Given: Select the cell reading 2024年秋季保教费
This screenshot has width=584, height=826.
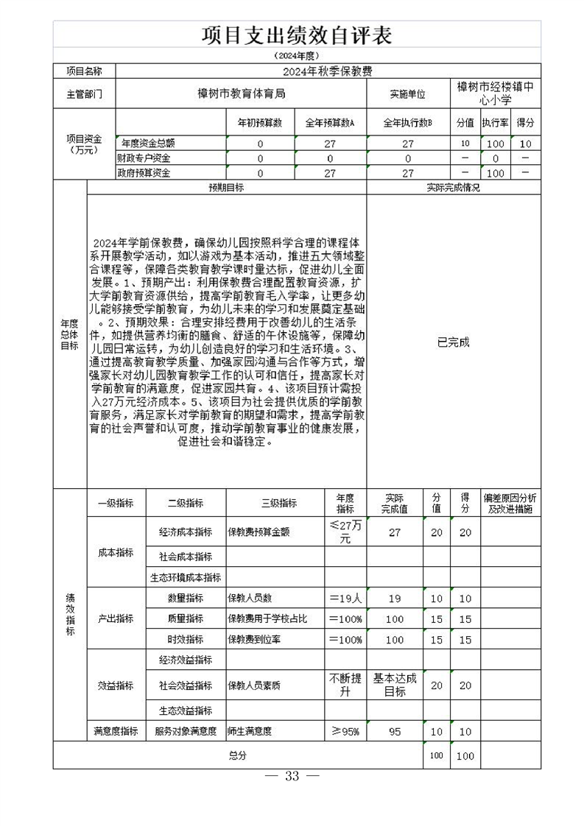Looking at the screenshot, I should click(x=328, y=71).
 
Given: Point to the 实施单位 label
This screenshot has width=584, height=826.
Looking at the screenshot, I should click(x=407, y=94).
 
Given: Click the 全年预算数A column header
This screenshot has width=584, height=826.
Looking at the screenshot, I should click(x=330, y=123).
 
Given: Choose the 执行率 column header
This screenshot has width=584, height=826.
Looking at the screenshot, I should click(x=495, y=123).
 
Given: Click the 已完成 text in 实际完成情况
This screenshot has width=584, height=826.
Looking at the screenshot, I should click(x=453, y=342).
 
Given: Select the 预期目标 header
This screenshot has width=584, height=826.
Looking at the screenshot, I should click(x=226, y=188).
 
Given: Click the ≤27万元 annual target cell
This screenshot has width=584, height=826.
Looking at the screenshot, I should click(x=345, y=532).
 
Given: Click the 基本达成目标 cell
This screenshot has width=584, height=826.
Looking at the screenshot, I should click(x=395, y=685).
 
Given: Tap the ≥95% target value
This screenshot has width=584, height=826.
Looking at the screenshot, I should click(x=345, y=731).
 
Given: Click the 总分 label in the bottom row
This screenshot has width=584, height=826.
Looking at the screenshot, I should click(x=237, y=755).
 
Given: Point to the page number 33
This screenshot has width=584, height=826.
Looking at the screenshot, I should click(x=292, y=777).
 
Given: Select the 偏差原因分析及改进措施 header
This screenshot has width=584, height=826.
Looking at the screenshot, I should click(x=510, y=504).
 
